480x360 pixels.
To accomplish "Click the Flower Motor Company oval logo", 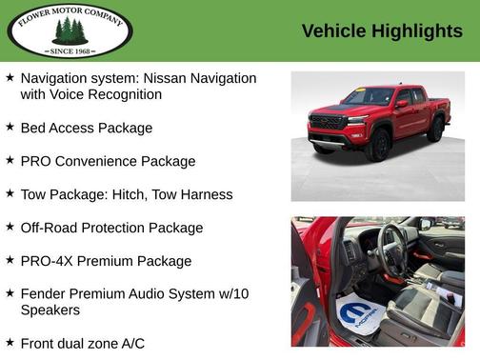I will click(70, 30).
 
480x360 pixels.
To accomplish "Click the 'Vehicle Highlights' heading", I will click(382, 31).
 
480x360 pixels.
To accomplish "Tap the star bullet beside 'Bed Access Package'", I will click(10, 127).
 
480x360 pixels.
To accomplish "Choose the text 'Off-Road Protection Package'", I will click(111, 228).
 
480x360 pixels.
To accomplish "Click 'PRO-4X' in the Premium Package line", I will click(48, 261).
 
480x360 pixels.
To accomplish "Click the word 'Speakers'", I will click(50, 310).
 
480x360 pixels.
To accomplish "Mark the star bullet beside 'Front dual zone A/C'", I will click(10, 342).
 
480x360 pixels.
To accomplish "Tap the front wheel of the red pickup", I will click(380, 145).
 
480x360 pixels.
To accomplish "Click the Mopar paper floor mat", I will click(357, 315).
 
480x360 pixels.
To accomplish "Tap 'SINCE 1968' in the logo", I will click(70, 50).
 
